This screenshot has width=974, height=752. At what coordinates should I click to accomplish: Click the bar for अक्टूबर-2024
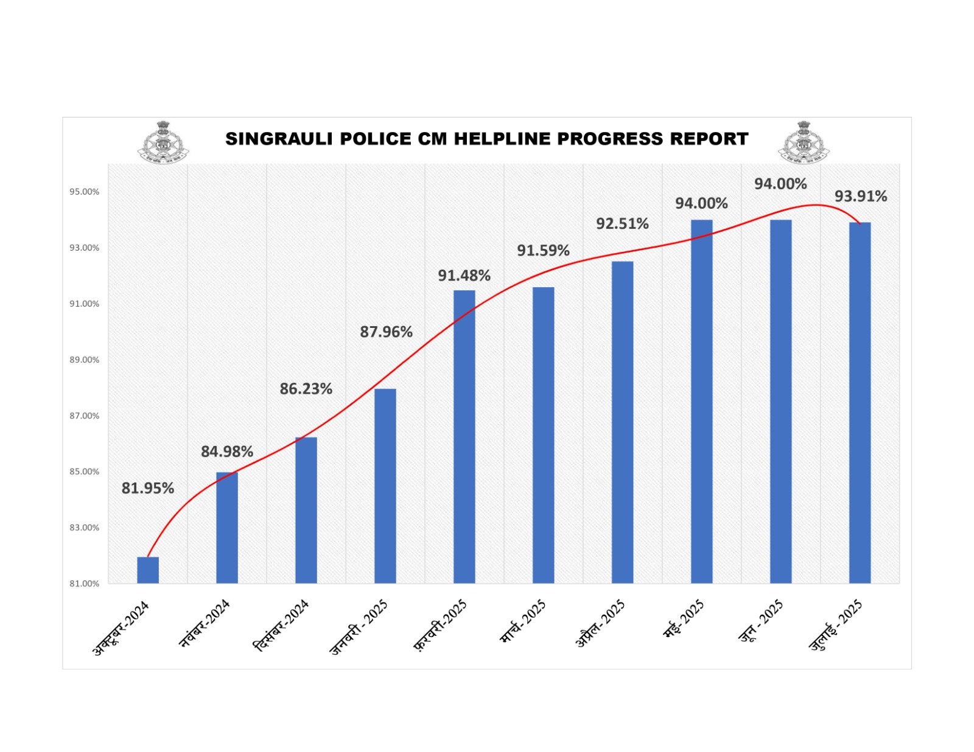click(148, 570)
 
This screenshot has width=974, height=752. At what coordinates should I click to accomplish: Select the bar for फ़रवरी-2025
click(464, 436)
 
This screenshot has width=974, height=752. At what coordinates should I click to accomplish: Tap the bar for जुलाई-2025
click(860, 403)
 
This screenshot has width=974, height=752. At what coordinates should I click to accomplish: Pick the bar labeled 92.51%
click(622, 422)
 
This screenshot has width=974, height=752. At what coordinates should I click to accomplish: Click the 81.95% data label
click(148, 488)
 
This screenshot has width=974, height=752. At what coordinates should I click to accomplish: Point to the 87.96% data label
click(386, 332)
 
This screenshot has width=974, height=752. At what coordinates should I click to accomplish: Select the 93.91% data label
click(860, 196)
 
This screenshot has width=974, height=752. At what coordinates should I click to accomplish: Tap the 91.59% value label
click(543, 250)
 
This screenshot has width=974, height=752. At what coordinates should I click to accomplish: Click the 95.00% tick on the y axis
click(84, 192)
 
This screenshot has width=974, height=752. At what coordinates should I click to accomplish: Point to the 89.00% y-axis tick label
click(84, 360)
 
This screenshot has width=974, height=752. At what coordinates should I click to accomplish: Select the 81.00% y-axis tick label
click(84, 583)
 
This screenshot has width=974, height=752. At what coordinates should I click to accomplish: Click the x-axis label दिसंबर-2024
click(282, 625)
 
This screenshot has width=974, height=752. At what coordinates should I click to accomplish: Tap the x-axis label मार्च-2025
click(523, 621)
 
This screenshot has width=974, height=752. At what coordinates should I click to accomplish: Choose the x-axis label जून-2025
click(761, 621)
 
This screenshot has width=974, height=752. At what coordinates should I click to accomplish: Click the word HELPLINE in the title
click(502, 139)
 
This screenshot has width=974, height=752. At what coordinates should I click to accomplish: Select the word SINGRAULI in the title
click(279, 139)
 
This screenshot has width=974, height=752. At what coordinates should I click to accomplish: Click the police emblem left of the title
click(163, 142)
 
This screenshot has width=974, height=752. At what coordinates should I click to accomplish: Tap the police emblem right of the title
click(804, 142)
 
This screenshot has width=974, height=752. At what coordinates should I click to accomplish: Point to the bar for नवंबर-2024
click(227, 527)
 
